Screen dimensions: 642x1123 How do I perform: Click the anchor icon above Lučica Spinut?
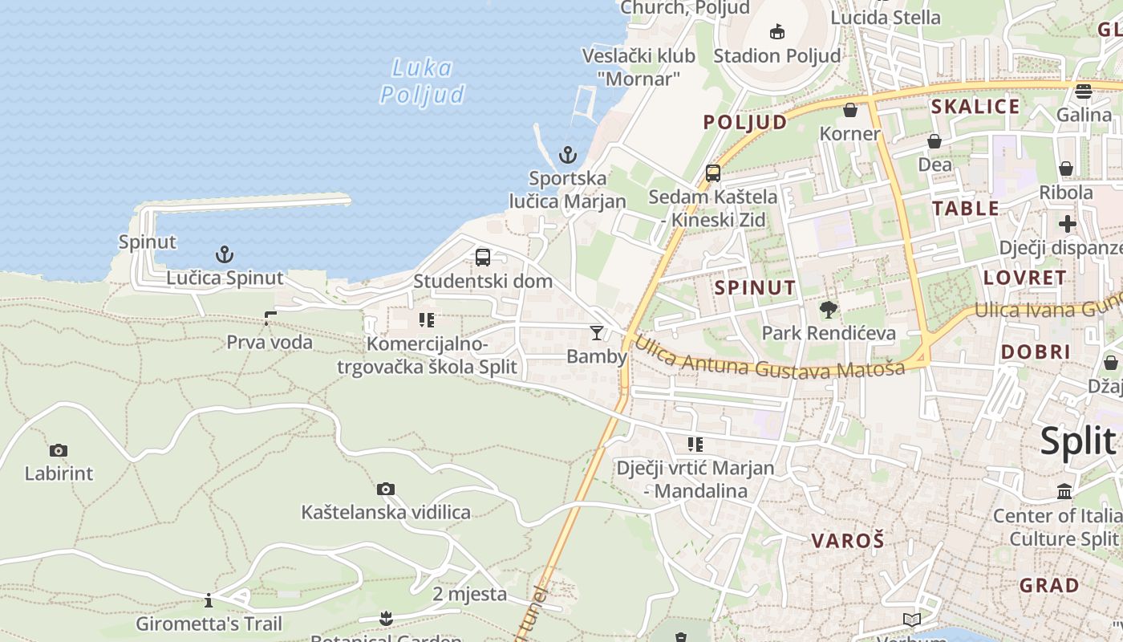pyautogui.click(x=225, y=255)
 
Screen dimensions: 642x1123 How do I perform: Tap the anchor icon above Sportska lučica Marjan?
pyautogui.click(x=568, y=155)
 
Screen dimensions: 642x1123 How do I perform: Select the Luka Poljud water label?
pyautogui.click(x=422, y=82)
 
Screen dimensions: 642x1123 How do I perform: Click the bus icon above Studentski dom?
pyautogui.click(x=483, y=258)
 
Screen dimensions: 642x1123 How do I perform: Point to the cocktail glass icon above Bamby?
pyautogui.click(x=597, y=333)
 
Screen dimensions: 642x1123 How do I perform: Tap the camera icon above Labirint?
pyautogui.click(x=58, y=450)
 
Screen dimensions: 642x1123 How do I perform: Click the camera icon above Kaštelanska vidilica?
pyautogui.click(x=386, y=489)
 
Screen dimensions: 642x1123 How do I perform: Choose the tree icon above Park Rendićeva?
pyautogui.click(x=828, y=309)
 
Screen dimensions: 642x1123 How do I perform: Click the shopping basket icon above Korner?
pyautogui.click(x=850, y=110)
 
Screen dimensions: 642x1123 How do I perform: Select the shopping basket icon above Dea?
pyautogui.click(x=934, y=141)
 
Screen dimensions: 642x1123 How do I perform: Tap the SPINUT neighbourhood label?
pyautogui.click(x=755, y=287)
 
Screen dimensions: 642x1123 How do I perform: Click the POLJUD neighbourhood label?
pyautogui.click(x=745, y=122)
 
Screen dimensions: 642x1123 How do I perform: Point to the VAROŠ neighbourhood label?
pyautogui.click(x=847, y=540)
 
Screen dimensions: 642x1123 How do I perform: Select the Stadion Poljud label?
pyautogui.click(x=776, y=55)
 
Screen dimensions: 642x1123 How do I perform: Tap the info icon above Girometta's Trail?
pyautogui.click(x=209, y=600)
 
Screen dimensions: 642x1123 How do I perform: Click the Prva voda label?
pyautogui.click(x=270, y=342)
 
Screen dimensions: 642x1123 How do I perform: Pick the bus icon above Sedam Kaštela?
pyautogui.click(x=712, y=173)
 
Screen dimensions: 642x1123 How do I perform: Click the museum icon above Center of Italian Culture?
pyautogui.click(x=1064, y=491)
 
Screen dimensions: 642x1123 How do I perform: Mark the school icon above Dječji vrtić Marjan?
pyautogui.click(x=695, y=444)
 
